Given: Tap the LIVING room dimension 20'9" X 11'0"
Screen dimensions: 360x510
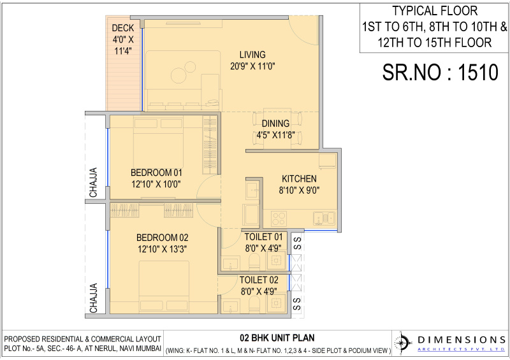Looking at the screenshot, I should pos(252,66).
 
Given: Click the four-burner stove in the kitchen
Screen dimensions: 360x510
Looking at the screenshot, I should pos(279,218).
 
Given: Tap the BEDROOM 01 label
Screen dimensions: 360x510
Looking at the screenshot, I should pos(157,173).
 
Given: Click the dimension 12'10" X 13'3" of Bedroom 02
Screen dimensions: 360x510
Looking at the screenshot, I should pos(161,248).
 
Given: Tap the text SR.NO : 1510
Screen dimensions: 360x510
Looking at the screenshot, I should pos(440,72).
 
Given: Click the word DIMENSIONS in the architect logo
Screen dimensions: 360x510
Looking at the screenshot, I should pos(456,338).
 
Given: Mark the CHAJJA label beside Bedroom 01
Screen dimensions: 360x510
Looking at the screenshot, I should pos(94,182).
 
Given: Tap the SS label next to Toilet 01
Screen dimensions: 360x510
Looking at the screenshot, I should pos(297,243).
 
